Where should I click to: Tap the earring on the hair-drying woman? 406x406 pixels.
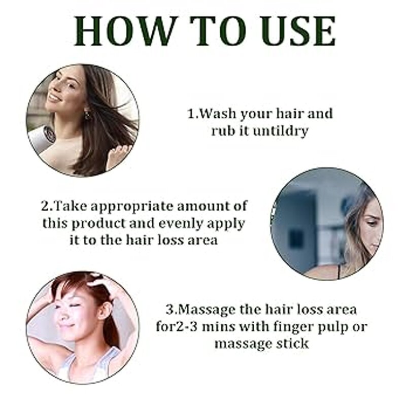point(87,115)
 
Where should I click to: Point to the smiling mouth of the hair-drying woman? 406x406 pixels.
point(55,97)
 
